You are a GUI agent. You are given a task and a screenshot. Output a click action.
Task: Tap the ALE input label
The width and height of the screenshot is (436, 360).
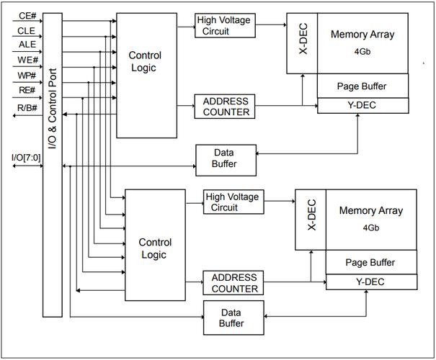click(27, 45)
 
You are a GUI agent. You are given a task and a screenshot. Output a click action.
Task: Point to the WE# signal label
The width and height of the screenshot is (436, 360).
click(27, 60)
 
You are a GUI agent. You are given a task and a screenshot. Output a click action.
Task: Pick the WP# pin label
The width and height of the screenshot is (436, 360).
click(27, 76)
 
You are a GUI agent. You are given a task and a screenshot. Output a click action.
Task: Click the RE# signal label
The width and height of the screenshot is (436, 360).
click(27, 91)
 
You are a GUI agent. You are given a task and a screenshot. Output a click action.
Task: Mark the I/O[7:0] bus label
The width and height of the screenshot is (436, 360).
click(26, 158)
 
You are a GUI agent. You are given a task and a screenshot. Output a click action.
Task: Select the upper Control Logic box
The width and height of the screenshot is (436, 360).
click(146, 75)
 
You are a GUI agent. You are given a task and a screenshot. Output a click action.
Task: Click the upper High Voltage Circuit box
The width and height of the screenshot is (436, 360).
click(223, 25)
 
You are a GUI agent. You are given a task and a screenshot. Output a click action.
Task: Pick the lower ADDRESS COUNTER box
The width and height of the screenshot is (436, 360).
click(234, 282)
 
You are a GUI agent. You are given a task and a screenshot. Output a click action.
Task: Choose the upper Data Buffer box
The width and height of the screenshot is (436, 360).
click(223, 158)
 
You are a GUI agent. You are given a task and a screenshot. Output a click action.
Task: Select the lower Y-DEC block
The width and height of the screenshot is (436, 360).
click(370, 282)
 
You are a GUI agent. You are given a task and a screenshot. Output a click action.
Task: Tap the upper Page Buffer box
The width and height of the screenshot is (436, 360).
click(362, 86)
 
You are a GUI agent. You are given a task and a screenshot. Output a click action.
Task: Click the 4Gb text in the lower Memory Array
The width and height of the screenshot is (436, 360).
click(370, 228)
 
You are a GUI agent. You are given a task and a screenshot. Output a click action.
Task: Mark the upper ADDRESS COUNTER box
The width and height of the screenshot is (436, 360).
click(226, 107)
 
